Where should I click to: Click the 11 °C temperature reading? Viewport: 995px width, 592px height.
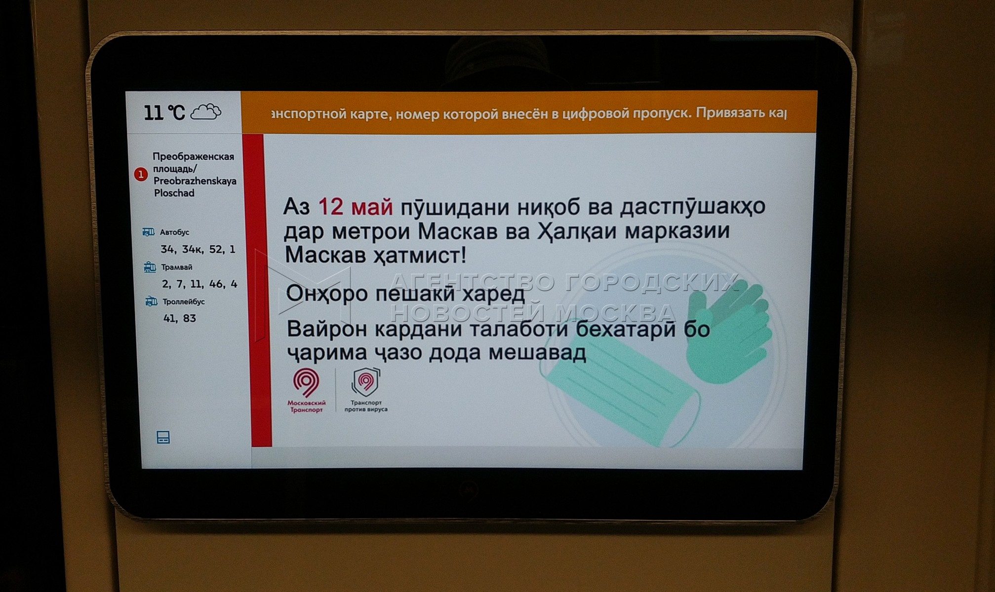(x=164, y=113)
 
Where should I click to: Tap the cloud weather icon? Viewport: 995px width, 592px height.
(x=205, y=112)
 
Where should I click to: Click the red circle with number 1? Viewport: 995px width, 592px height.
(x=141, y=174)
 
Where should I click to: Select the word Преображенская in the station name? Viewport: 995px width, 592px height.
(x=193, y=156)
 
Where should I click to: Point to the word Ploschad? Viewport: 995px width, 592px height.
(x=174, y=193)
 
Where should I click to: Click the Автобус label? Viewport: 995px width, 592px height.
(x=174, y=232)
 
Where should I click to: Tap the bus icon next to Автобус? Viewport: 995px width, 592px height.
(x=148, y=232)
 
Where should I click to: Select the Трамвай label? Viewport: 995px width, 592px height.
(x=177, y=267)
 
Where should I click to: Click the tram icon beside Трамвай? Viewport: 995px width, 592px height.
(x=150, y=267)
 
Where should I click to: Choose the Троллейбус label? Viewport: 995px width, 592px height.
(x=184, y=301)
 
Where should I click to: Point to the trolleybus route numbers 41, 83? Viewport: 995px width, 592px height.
(x=180, y=319)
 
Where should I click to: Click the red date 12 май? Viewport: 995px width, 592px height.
(x=356, y=207)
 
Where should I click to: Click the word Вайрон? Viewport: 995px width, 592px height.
(x=327, y=329)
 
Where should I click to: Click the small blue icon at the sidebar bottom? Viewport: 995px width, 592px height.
(x=163, y=437)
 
